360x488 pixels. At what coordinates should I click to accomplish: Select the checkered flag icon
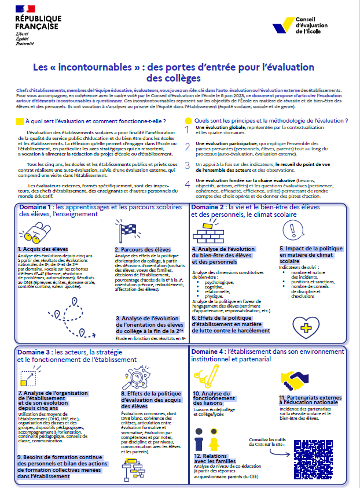tap(125, 228)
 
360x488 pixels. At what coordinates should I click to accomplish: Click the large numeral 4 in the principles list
tap(187, 184)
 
